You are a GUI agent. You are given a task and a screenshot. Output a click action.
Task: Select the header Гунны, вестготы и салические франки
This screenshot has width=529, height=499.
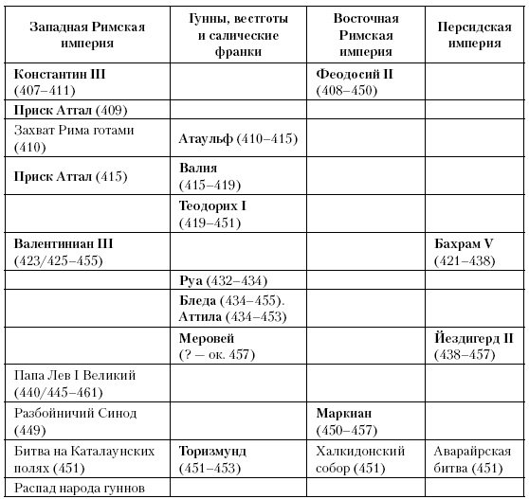[240, 35]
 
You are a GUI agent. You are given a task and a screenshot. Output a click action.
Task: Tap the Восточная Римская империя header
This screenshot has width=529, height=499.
[367, 35]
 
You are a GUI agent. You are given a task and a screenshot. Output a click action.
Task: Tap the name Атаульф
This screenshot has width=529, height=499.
[208, 138]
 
